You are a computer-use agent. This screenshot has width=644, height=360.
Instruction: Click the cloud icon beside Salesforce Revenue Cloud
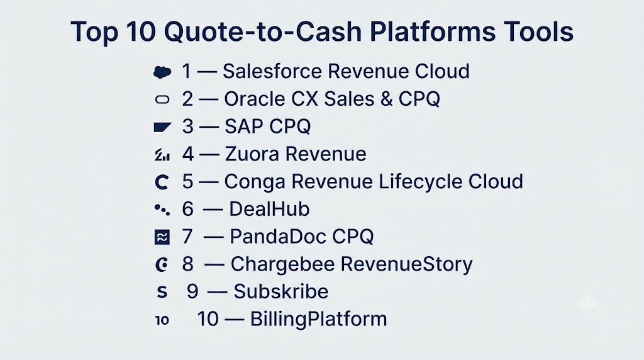(x=162, y=72)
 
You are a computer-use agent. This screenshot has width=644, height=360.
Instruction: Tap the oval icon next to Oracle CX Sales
(x=162, y=99)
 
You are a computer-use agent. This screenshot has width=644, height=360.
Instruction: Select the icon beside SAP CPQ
(x=162, y=127)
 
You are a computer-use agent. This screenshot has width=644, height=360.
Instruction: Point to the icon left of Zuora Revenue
(x=162, y=155)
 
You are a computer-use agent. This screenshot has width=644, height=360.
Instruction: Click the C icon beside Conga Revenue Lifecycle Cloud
(x=162, y=182)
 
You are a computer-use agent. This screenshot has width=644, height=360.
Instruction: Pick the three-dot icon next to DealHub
(x=162, y=210)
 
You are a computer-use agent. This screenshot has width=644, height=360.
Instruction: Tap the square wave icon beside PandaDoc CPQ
(x=162, y=237)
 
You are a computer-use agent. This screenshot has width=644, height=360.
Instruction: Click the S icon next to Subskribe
(x=162, y=292)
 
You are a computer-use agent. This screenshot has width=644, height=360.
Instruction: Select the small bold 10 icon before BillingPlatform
(x=162, y=320)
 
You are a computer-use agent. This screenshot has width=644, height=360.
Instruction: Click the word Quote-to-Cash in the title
(x=263, y=31)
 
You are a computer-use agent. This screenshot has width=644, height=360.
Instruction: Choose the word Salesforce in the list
(x=272, y=71)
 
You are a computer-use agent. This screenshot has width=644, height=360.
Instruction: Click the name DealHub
(x=269, y=209)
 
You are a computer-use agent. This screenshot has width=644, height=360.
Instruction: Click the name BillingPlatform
(x=319, y=319)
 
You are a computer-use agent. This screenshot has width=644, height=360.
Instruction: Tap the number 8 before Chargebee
(x=187, y=264)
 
